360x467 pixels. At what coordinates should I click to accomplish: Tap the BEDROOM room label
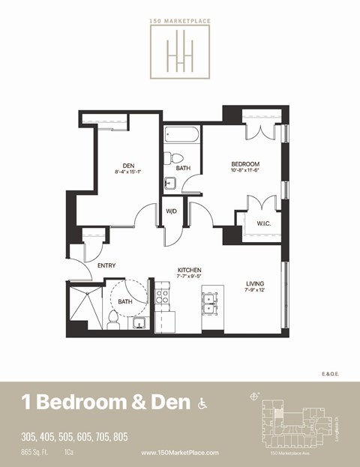[244, 164]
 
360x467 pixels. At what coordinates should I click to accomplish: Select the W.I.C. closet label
[263, 223]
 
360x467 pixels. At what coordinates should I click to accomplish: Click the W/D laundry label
[171, 211]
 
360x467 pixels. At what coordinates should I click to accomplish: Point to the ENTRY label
[106, 265]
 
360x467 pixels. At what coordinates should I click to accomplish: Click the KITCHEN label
[189, 271]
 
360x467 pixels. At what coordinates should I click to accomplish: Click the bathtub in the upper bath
[181, 136]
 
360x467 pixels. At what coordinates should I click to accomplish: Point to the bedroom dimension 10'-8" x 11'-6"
[244, 172]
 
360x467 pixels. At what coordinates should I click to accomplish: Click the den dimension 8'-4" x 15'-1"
[128, 172]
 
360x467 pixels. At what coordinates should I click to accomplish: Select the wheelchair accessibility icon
[201, 403]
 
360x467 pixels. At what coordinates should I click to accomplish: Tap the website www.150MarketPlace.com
[180, 453]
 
